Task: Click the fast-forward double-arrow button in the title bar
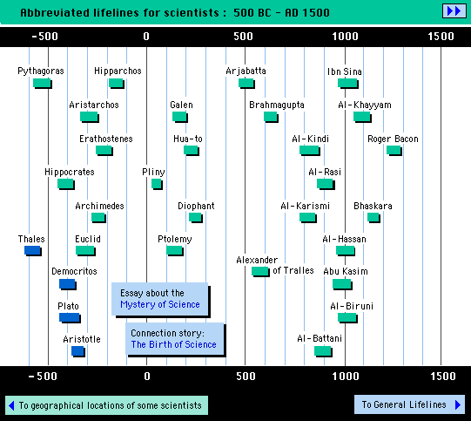pos(454,11)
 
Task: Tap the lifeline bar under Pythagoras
pos(43,84)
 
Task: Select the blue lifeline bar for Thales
pos(33,251)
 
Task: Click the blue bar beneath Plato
pos(70,318)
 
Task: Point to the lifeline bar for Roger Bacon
pos(394,150)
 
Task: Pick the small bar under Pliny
pos(157,184)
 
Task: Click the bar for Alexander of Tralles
pos(260,272)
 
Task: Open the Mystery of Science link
pos(160,304)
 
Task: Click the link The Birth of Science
pos(173,344)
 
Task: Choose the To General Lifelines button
pos(409,404)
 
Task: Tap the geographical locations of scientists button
pos(106,405)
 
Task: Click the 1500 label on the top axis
pos(441,37)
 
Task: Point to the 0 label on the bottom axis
pos(146,377)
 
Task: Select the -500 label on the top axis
pos(44,37)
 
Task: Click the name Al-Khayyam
pos(365,105)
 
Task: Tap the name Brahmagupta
pos(277,105)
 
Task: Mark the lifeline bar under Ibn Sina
pos(348,84)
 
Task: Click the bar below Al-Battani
pos(323,351)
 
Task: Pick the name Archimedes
pos(99,206)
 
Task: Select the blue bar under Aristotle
pos(78,351)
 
